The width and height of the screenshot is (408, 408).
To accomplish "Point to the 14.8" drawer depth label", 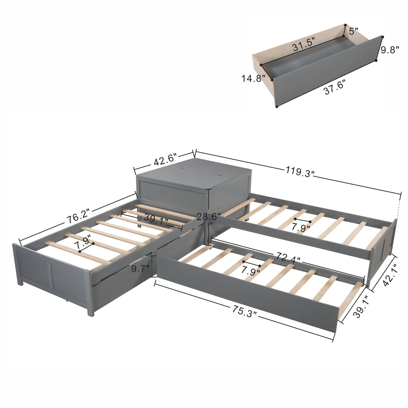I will coord(253,78).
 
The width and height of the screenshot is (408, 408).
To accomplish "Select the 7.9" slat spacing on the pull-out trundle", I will coord(251,270).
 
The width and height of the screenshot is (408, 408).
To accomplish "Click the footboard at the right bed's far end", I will coord(384,246).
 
